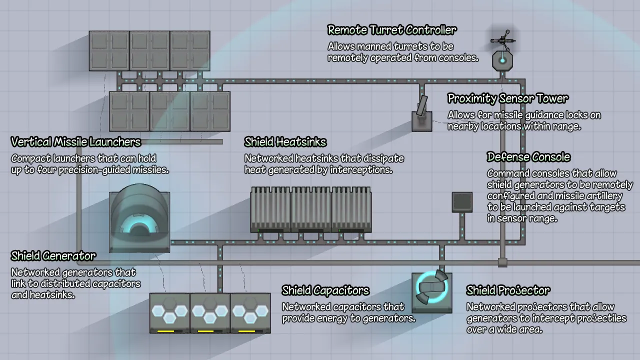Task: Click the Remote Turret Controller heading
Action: click(x=391, y=30)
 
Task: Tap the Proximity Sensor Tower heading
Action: click(x=507, y=98)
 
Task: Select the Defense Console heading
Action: click(x=528, y=157)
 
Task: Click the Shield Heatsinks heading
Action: click(x=285, y=142)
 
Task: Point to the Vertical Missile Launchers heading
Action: click(x=75, y=142)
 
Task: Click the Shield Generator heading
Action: click(x=53, y=256)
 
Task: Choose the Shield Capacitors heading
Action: click(x=325, y=290)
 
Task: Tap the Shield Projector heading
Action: click(x=508, y=290)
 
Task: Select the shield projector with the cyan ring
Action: click(x=431, y=292)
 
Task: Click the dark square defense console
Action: click(x=462, y=202)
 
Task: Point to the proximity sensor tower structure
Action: click(x=422, y=115)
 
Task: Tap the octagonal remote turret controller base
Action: click(x=502, y=61)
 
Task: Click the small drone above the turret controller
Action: click(x=502, y=40)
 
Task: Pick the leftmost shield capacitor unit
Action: click(x=169, y=313)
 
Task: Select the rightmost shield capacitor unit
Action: click(x=250, y=313)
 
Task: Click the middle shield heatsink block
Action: click(x=311, y=209)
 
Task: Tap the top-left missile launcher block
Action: click(x=109, y=50)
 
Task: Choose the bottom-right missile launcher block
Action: click(x=210, y=111)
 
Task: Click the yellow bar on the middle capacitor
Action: click(x=206, y=331)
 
